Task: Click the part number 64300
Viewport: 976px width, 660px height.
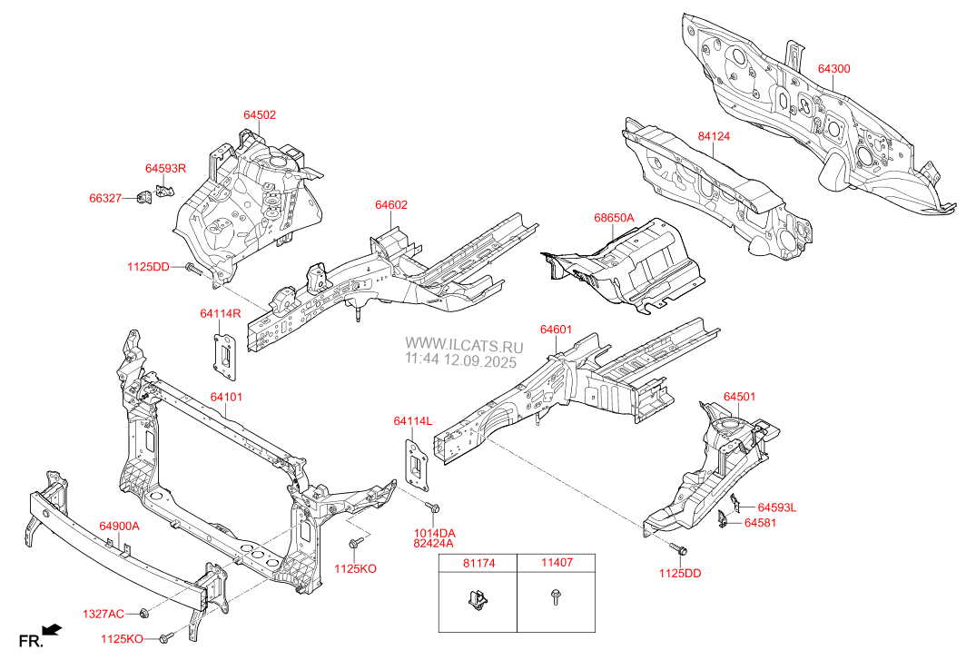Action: [833, 69]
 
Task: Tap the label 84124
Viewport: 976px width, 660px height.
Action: [714, 136]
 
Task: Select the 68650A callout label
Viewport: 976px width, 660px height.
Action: [614, 218]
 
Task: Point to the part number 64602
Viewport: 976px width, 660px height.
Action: [391, 205]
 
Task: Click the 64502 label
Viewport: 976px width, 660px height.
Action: [260, 115]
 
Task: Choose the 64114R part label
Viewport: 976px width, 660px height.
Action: [221, 314]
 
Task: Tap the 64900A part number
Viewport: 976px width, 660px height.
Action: [119, 527]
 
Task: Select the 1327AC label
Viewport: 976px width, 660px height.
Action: [104, 615]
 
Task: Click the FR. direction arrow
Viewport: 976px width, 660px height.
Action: [54, 628]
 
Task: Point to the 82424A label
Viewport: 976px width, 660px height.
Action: [436, 545]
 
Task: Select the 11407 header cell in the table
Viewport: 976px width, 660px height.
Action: [556, 563]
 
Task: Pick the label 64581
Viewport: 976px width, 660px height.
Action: [761, 523]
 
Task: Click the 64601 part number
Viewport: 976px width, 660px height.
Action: [556, 330]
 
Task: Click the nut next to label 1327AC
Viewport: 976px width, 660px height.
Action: [143, 615]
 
